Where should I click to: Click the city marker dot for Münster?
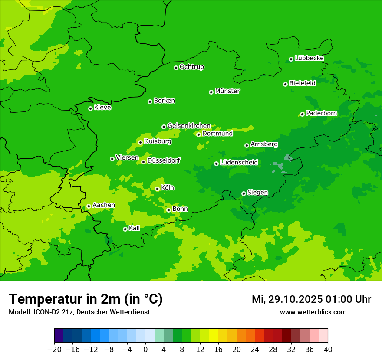211,92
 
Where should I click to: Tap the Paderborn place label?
321,113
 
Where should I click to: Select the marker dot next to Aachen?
89,206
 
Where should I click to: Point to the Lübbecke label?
309,58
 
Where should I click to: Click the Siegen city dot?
244,194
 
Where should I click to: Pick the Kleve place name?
102,108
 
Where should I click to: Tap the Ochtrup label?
192,67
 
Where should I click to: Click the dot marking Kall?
125,229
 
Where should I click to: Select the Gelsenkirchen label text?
189,126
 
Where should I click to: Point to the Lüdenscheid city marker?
216,164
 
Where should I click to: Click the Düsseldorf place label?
164,160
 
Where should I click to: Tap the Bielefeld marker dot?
285,84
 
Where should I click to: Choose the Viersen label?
127,158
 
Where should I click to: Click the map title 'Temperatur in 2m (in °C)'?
86,299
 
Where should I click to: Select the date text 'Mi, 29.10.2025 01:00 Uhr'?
311,299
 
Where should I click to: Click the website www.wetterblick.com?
313,312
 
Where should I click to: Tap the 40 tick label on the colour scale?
328,350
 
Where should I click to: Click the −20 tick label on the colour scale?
54,350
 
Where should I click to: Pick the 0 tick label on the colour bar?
145,350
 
